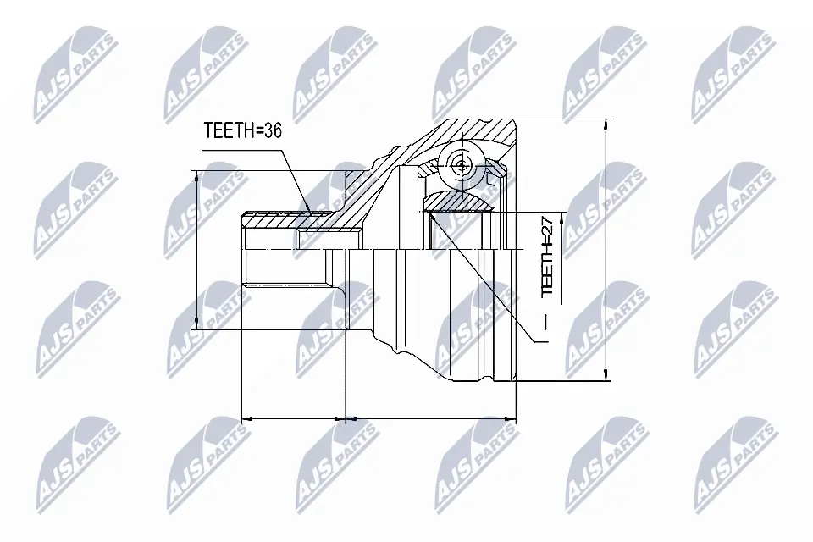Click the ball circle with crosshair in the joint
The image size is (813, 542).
459,165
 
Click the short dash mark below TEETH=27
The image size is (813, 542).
546,323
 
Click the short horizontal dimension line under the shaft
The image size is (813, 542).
294,418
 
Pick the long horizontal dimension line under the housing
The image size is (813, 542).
432,418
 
